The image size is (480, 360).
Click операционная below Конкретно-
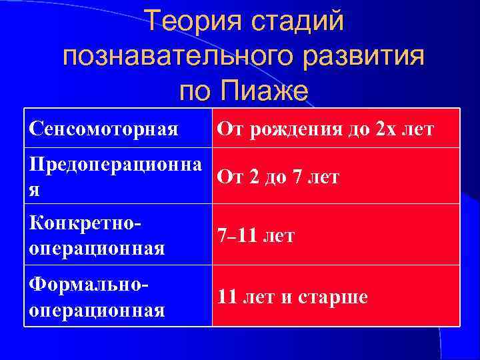(x=97, y=249)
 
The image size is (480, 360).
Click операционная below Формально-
(x=97, y=310)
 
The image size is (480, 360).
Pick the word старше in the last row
(x=335, y=297)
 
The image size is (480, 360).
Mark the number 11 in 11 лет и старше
(x=227, y=297)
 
